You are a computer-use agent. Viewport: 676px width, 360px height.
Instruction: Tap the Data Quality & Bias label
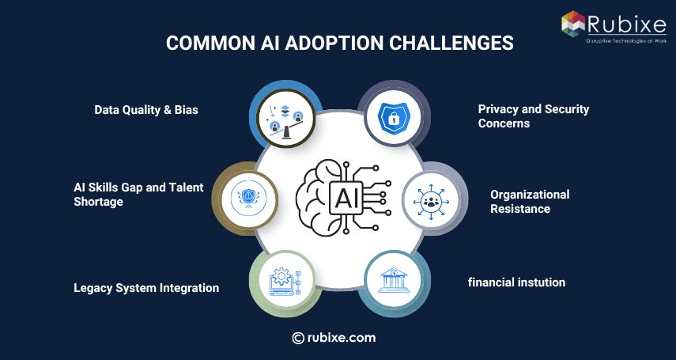point(146,110)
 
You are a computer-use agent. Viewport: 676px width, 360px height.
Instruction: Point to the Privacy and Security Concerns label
point(533,116)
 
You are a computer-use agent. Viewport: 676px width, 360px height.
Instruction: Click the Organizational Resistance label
point(529,201)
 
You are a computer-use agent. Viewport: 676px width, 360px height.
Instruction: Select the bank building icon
point(393,281)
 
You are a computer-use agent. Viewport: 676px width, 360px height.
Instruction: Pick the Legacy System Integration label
point(146,288)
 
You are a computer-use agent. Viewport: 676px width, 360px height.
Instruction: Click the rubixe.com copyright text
point(334,337)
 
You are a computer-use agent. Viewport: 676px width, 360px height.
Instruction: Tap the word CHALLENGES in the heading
point(461,44)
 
